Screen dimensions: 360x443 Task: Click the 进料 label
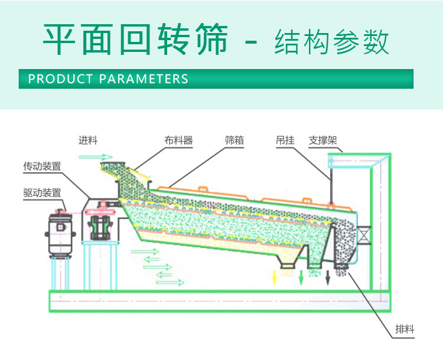(88, 140)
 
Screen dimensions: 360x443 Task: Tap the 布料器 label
(178, 140)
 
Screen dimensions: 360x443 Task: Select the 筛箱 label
(234, 140)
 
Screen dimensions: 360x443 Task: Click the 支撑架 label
(322, 140)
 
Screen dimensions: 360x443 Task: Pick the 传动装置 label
(42, 166)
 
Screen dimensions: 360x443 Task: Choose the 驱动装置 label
(42, 192)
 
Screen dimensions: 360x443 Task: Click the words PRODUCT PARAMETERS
(108, 79)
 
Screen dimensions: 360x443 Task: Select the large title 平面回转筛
(136, 40)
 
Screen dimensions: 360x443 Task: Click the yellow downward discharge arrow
(275, 276)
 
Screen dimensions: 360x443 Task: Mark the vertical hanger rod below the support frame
(331, 184)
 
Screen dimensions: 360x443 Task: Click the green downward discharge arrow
(302, 276)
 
